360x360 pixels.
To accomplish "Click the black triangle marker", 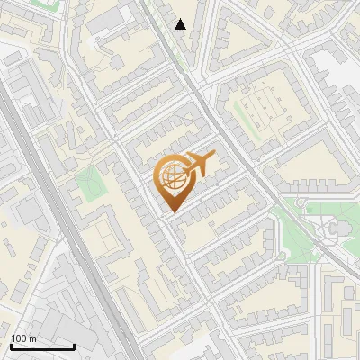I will [181, 24].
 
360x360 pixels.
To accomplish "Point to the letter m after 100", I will [33, 338].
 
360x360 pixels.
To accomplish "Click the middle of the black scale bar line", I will [41, 346].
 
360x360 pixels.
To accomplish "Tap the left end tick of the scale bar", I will [10, 345].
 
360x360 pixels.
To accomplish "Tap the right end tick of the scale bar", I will [74, 345].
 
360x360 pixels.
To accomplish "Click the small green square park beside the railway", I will [90, 184].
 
